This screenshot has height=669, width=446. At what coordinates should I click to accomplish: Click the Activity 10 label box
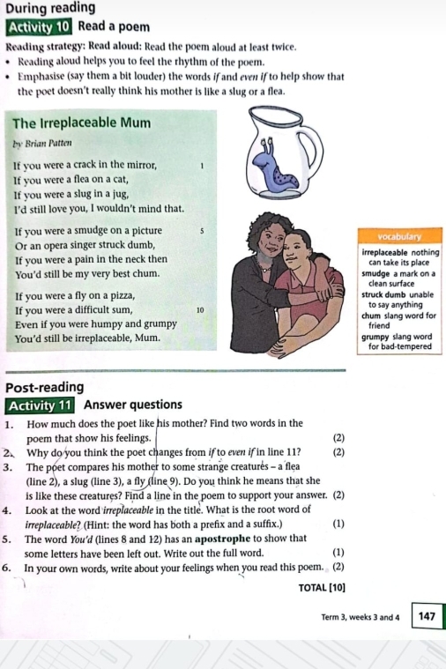(38, 26)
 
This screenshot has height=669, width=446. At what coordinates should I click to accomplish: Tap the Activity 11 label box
(40, 405)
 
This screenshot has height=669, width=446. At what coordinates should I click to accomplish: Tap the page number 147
(427, 615)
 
